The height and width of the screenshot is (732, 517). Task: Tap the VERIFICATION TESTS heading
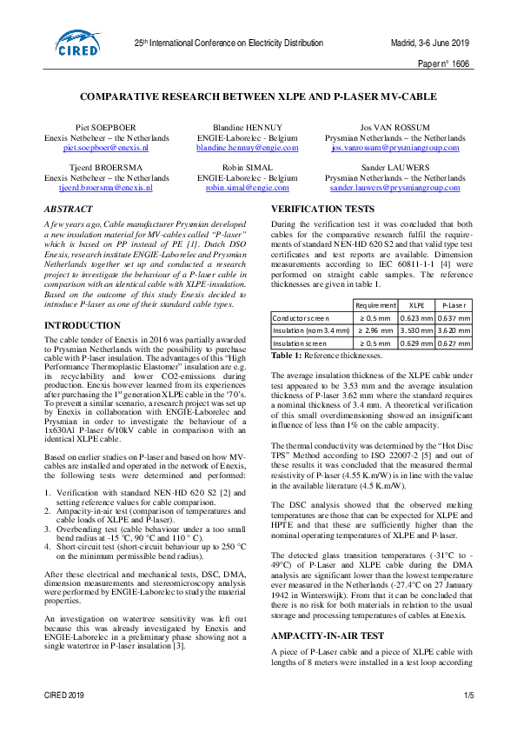coord(324,210)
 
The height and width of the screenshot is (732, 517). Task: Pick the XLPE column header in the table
coord(416,305)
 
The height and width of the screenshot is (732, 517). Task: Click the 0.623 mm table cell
coord(416,318)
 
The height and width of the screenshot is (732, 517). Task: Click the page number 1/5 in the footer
coord(468,695)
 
